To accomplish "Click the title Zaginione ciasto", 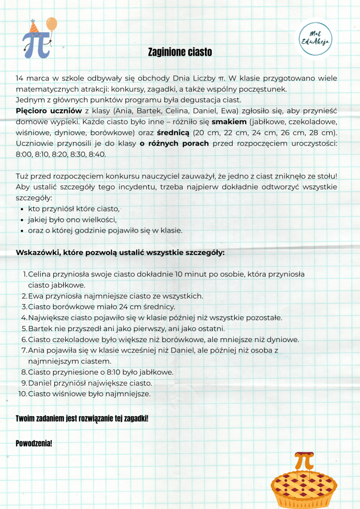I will click(180, 52).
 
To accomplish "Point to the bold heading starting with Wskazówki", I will click(120, 252).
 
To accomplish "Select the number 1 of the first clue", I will click(25, 274).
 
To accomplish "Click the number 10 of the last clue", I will click(22, 394).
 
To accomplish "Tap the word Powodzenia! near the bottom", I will click(34, 442).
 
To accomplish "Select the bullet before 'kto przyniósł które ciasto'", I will click(22, 209).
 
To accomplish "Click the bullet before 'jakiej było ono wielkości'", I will click(22, 220).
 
